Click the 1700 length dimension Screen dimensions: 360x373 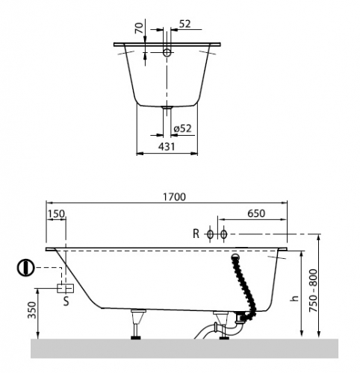[x=174, y=197]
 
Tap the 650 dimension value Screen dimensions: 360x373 [x=256, y=213]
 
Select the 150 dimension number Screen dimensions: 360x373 [x=56, y=214]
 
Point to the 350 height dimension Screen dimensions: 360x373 [x=32, y=310]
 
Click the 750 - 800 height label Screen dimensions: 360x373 [x=314, y=291]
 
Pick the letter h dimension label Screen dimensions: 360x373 [x=294, y=298]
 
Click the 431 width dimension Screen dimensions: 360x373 [x=167, y=146]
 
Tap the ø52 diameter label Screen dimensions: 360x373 [x=183, y=128]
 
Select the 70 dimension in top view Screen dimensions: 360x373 [x=140, y=28]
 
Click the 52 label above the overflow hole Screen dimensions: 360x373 [x=185, y=24]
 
